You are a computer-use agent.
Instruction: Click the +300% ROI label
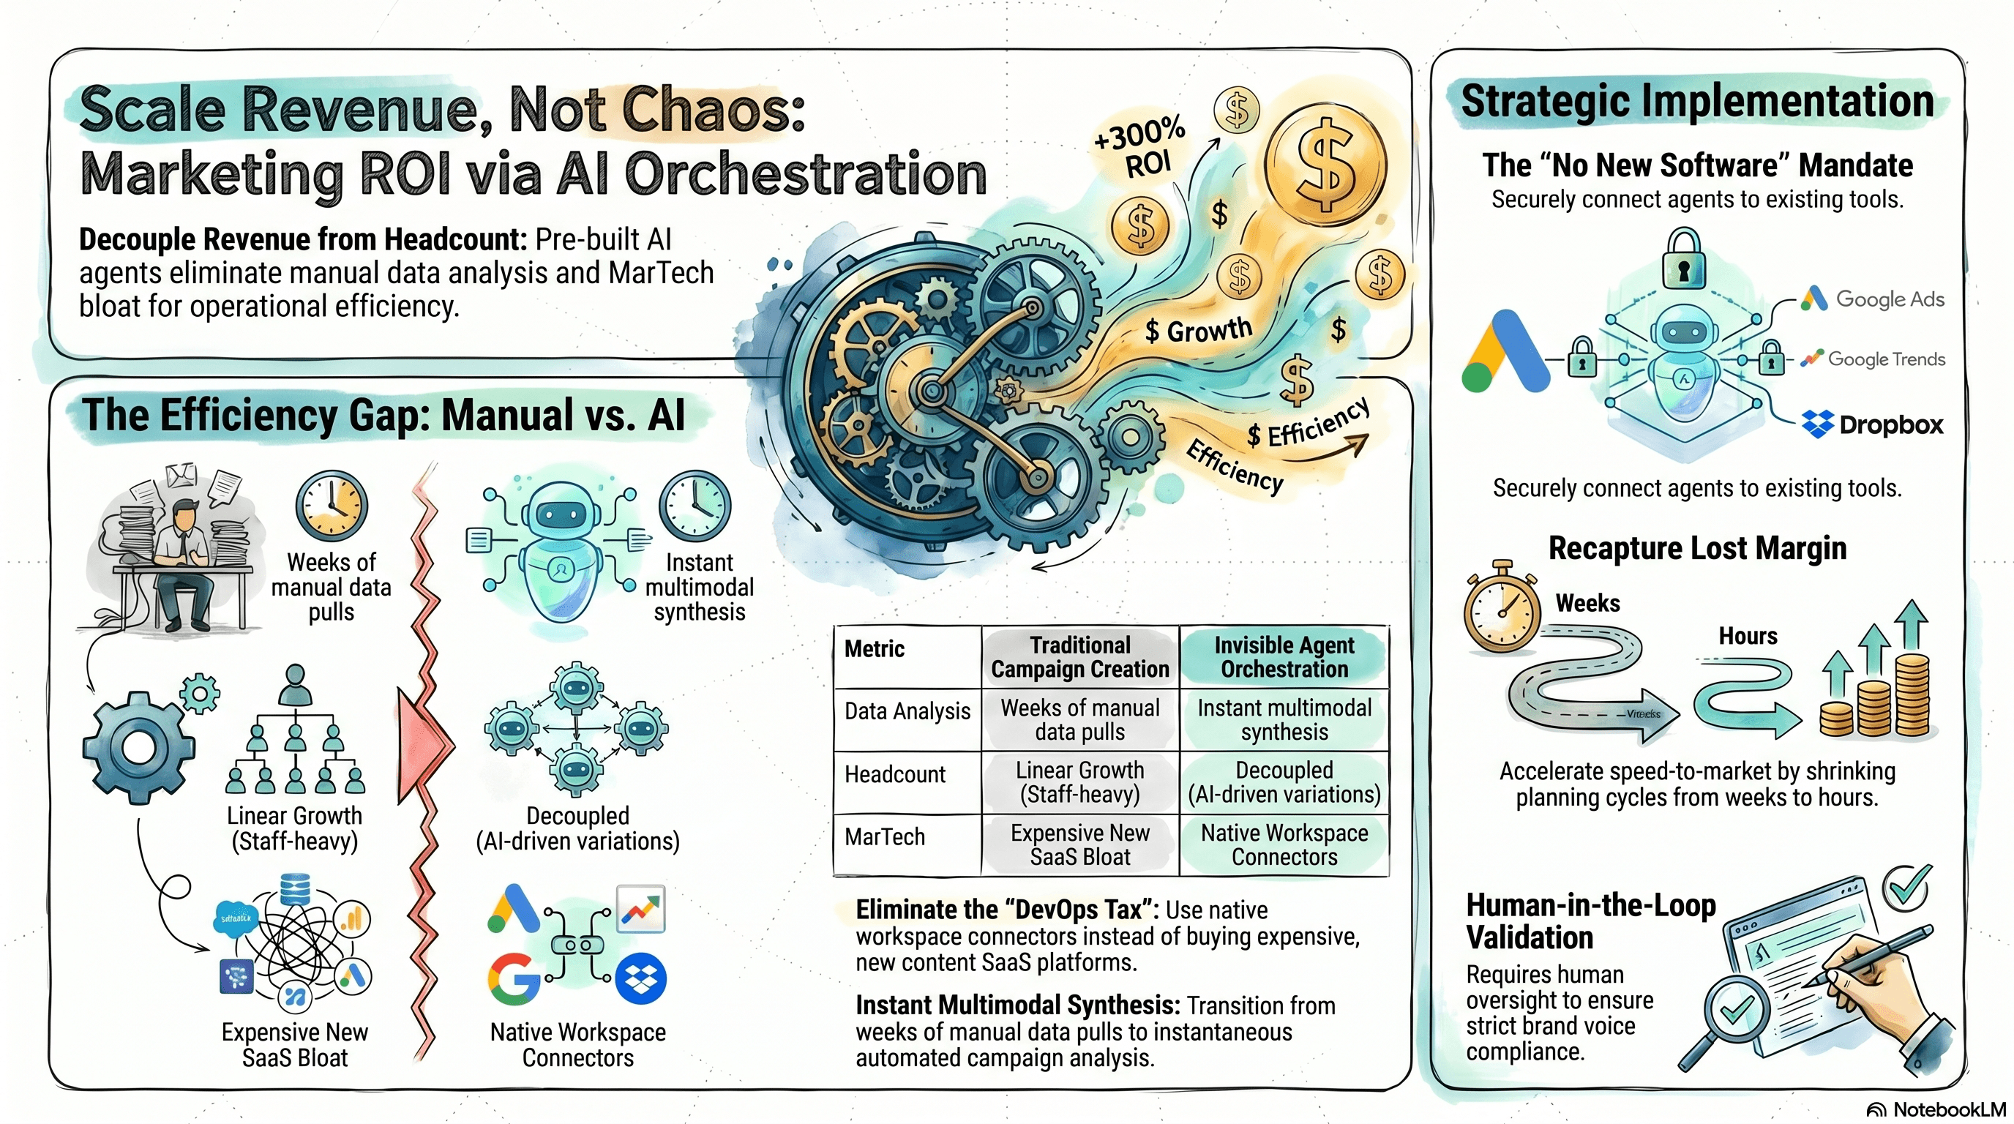[x=1140, y=149]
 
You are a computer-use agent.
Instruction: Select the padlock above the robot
[x=1683, y=258]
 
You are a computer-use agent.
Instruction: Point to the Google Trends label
[x=1885, y=359]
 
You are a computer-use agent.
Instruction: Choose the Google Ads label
[x=1888, y=299]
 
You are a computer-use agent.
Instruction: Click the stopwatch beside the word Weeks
[x=1502, y=609]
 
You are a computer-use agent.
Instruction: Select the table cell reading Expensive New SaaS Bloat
[x=1079, y=845]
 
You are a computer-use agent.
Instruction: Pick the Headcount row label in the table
[x=895, y=775]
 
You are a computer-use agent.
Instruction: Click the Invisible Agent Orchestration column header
[x=1284, y=656]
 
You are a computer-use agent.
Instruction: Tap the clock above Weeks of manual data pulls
[x=332, y=506]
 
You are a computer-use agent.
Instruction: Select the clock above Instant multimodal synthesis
[x=695, y=506]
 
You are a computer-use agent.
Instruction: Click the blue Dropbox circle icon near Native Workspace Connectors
[x=640, y=978]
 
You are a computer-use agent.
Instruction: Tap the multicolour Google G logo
[x=514, y=978]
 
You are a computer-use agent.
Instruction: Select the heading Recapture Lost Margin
[x=1697, y=548]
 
